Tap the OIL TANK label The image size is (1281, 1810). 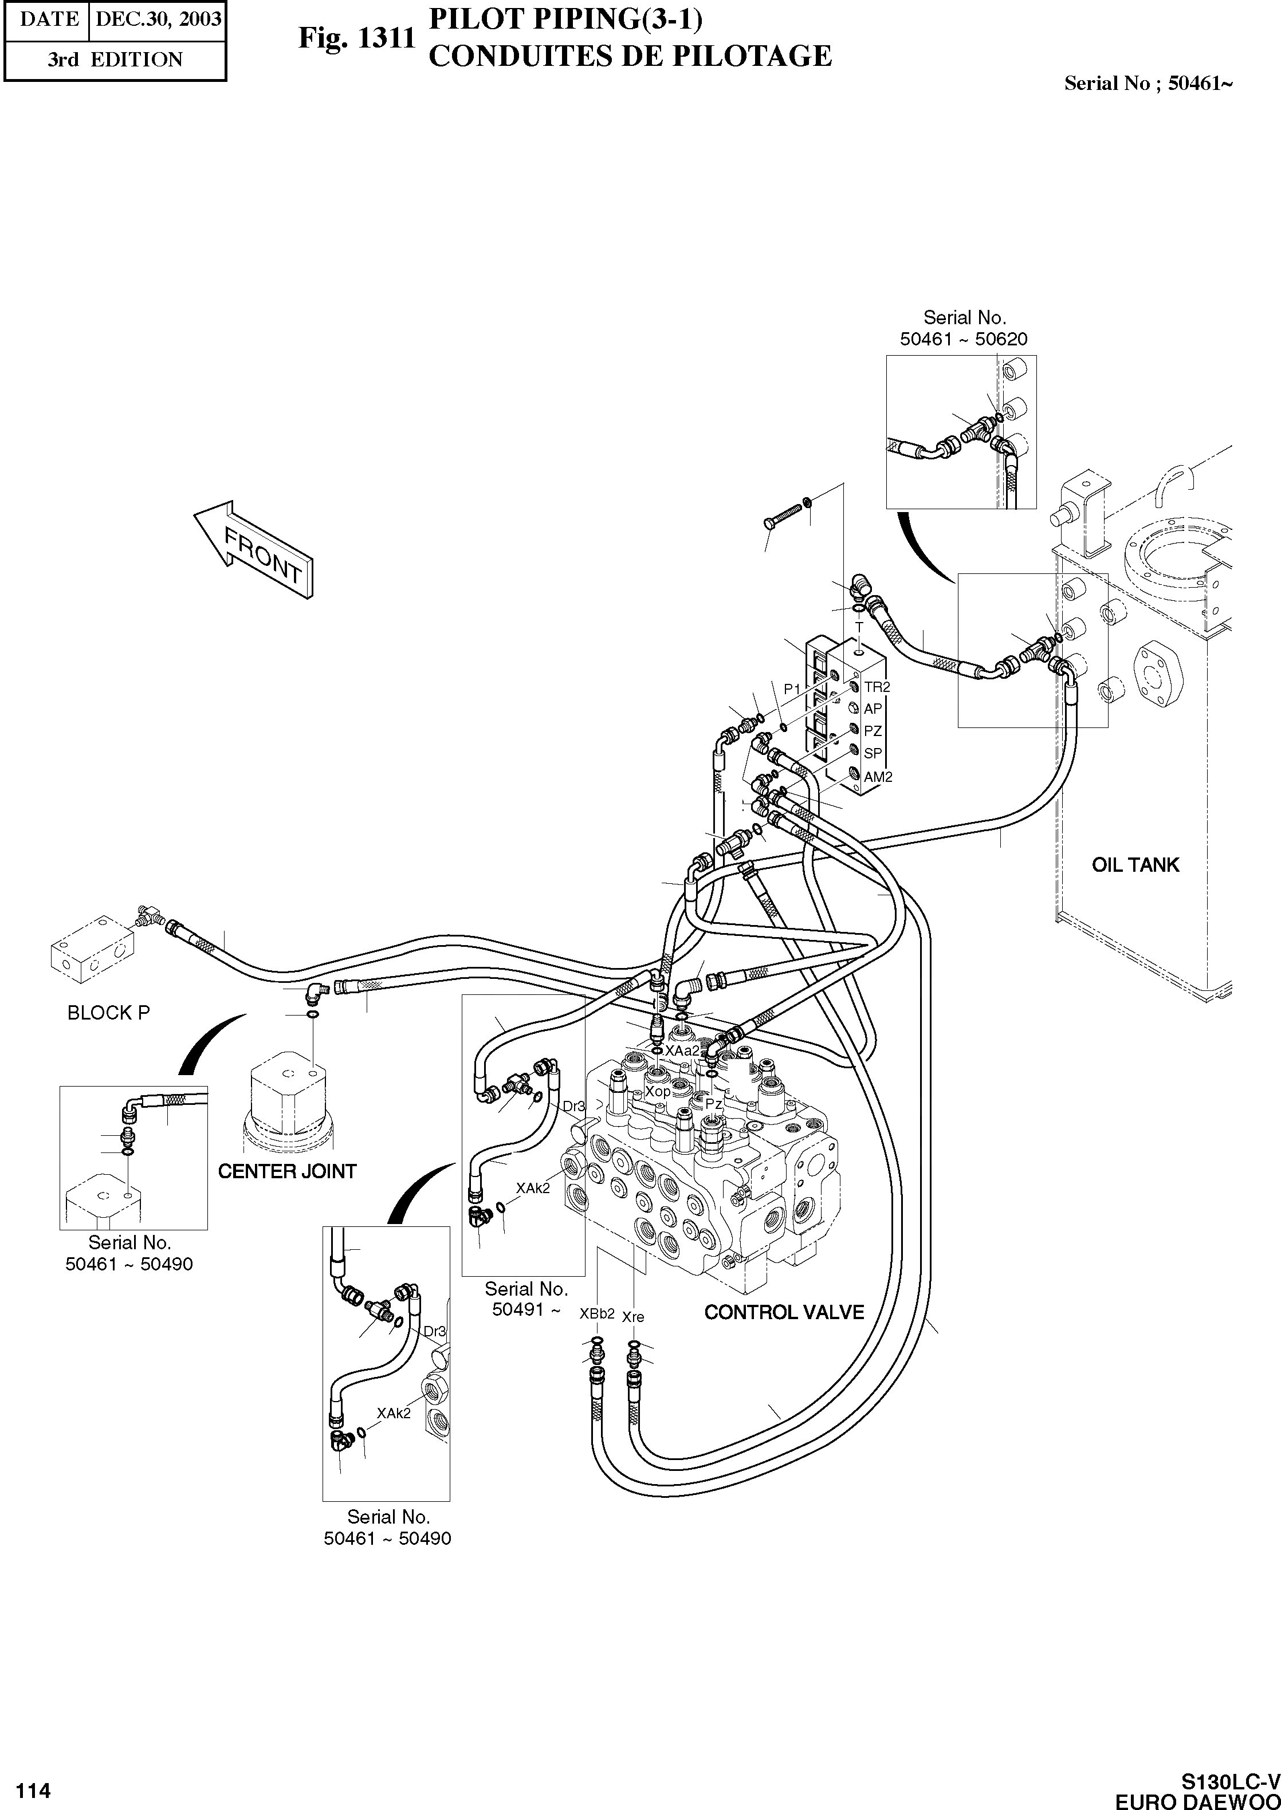pyautogui.click(x=1135, y=865)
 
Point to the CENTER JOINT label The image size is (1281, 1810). pyautogui.click(x=287, y=1172)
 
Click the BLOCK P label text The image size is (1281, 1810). pyautogui.click(x=109, y=1013)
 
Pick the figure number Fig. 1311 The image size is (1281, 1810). pyautogui.click(x=356, y=38)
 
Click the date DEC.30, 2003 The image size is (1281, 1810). pyautogui.click(x=158, y=19)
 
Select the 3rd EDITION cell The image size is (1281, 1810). pyautogui.click(x=115, y=60)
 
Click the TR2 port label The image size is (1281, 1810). pyautogui.click(x=877, y=687)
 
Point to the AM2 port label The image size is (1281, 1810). pyautogui.click(x=878, y=777)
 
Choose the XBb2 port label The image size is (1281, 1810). pyautogui.click(x=597, y=1314)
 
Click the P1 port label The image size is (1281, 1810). pyautogui.click(x=792, y=689)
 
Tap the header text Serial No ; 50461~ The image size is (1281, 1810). pyautogui.click(x=1148, y=84)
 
